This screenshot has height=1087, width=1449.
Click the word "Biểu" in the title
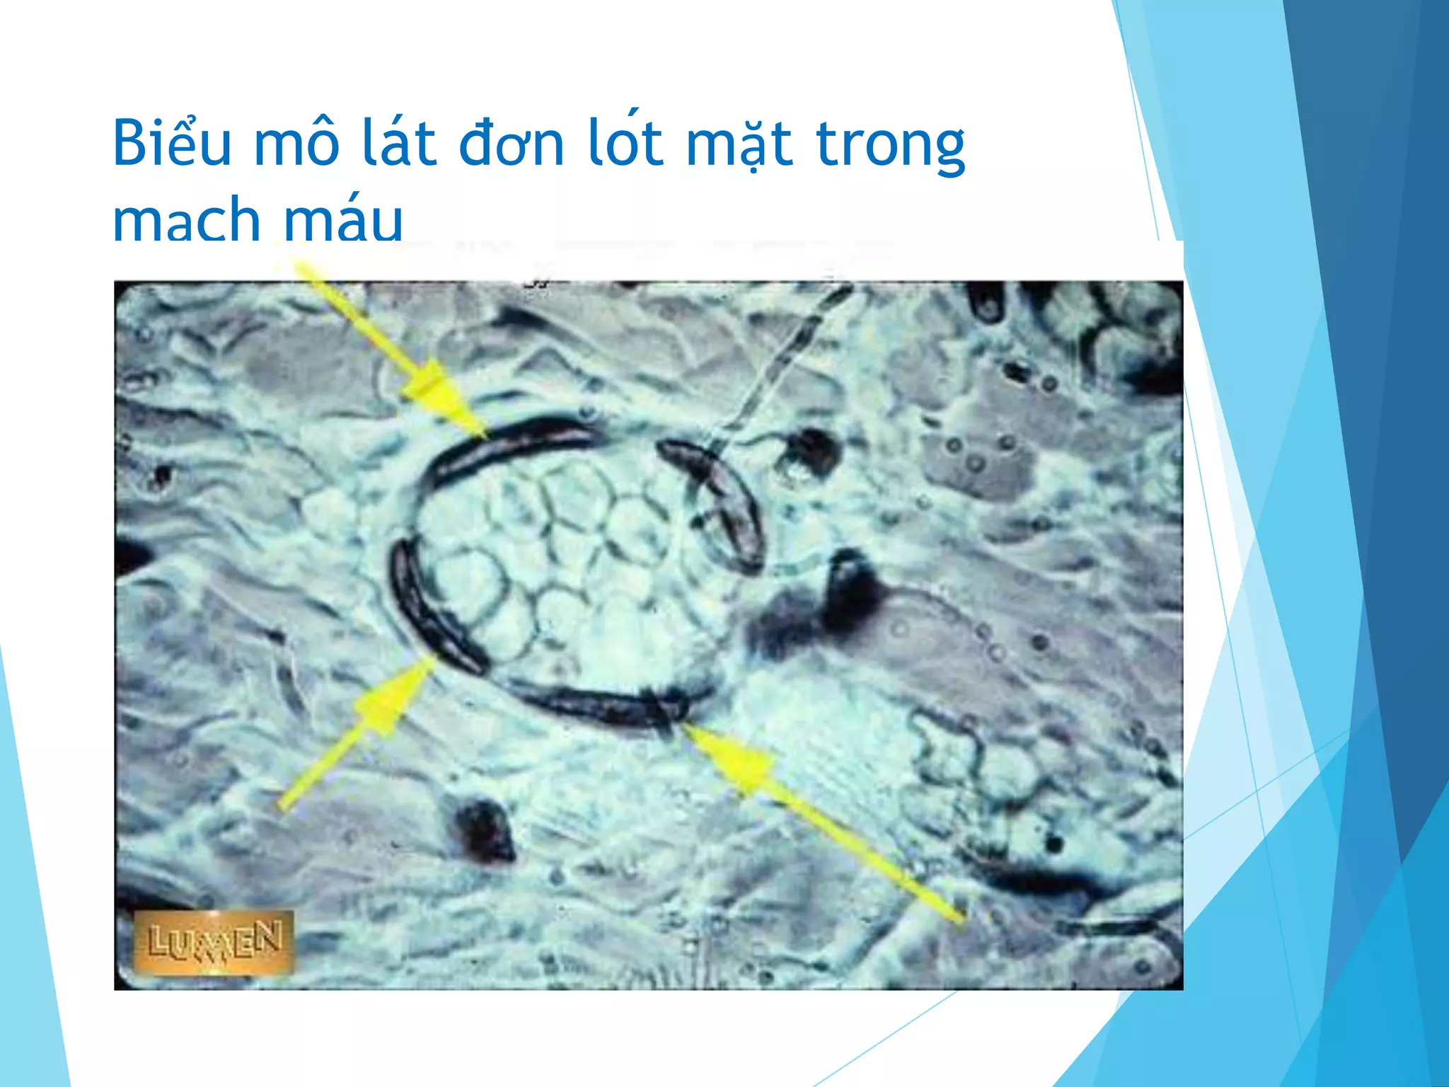pyautogui.click(x=172, y=143)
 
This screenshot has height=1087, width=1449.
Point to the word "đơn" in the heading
pyautogui.click(x=511, y=144)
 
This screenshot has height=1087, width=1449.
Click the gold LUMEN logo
pyautogui.click(x=213, y=941)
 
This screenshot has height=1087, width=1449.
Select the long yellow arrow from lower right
pyautogui.click(x=814, y=814)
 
